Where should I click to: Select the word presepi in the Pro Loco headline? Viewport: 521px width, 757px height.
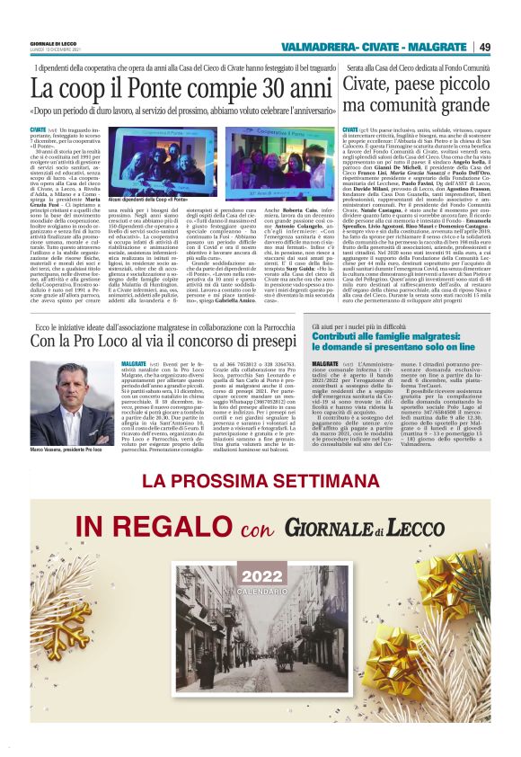[270, 342]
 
